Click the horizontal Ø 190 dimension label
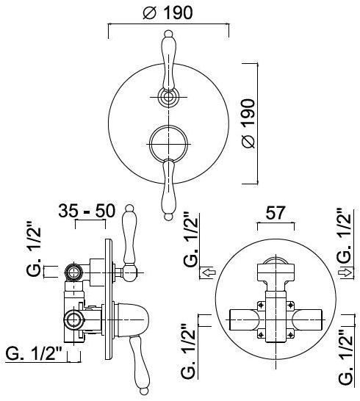[x=168, y=12]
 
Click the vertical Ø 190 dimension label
[x=249, y=123]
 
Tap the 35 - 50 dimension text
[x=87, y=212]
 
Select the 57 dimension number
[x=275, y=213]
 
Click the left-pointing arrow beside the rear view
[x=209, y=272]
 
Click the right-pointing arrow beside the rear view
[x=345, y=272]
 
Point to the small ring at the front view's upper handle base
[x=168, y=97]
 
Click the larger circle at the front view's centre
[x=168, y=144]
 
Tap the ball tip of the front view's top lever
[x=168, y=34]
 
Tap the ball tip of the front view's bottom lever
[x=168, y=217]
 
